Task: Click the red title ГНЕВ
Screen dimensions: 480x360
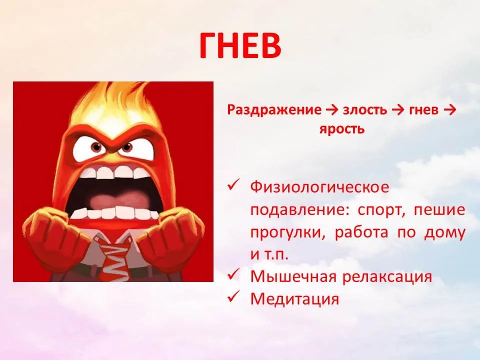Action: [x=240, y=45]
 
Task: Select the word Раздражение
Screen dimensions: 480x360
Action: [x=274, y=110]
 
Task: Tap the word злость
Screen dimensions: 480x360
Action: [x=365, y=110]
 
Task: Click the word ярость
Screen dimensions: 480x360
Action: [x=342, y=129]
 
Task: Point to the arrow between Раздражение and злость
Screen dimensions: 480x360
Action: [x=332, y=110]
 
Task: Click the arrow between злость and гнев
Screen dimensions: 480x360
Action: [x=398, y=110]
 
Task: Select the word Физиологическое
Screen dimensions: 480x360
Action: [x=319, y=187]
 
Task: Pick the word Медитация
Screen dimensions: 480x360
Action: [x=295, y=298]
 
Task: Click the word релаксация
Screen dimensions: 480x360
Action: [x=387, y=276]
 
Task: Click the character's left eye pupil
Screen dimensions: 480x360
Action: [x=97, y=147]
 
